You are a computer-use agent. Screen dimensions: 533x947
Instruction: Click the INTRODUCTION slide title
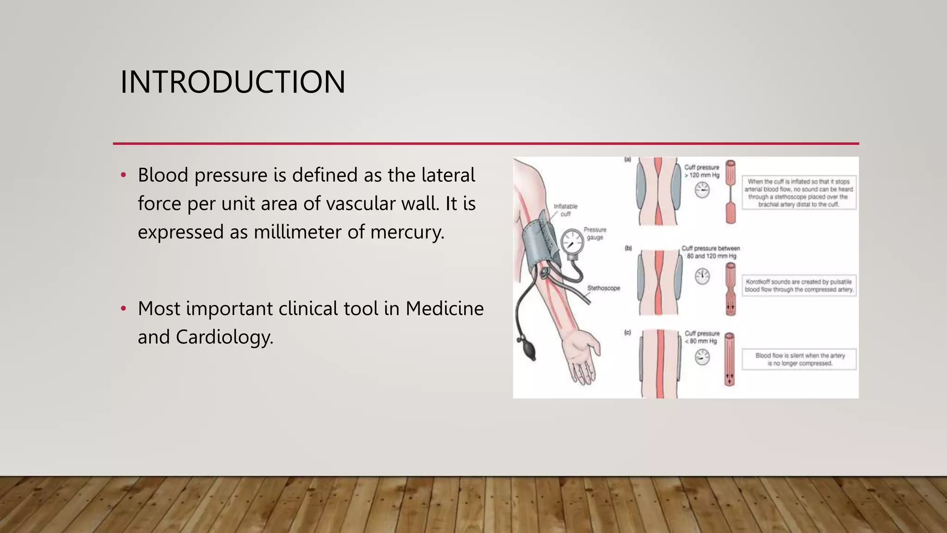point(233,82)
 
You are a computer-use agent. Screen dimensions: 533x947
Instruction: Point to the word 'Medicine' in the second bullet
point(444,309)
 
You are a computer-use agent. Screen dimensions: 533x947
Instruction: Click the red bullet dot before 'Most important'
point(123,309)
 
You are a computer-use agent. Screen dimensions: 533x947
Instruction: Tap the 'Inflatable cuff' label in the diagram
point(566,210)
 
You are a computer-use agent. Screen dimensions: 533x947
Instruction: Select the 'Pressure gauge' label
point(595,233)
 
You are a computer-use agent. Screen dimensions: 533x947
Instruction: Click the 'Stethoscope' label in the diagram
point(603,288)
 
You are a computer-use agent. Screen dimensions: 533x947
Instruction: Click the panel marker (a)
point(627,160)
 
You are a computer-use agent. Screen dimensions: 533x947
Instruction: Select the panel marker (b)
point(628,248)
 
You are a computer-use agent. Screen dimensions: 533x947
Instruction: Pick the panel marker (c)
point(627,332)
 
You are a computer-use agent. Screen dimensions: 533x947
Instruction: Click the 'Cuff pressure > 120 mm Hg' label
point(702,171)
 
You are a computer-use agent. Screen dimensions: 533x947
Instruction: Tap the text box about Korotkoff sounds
point(799,285)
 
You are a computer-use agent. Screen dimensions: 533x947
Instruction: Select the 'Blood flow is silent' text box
point(799,359)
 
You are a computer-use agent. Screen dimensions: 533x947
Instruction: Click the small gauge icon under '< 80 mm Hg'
point(702,357)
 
